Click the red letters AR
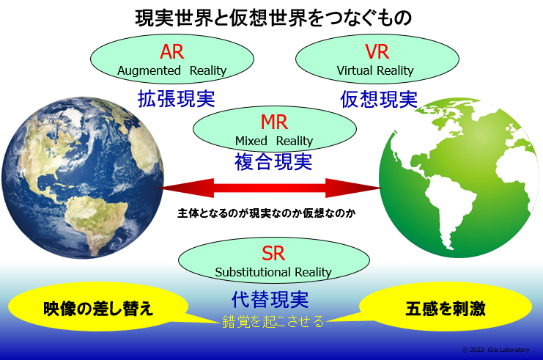coord(171,51)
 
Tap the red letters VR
coord(377,51)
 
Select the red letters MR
coord(274,122)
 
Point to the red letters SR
coord(273,253)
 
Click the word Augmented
coord(149,70)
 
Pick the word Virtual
coord(354,70)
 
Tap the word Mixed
coord(251,141)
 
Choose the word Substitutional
coord(253,272)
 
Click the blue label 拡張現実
coord(177,99)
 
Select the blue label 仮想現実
coord(379,99)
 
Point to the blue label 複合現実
coord(273,162)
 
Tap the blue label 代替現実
coord(270,299)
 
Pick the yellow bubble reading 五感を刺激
coord(446,307)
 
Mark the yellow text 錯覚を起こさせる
coord(273,322)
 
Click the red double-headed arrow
coord(270,188)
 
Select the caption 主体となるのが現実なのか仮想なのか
coord(267,213)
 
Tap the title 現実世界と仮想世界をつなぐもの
coord(273,18)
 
